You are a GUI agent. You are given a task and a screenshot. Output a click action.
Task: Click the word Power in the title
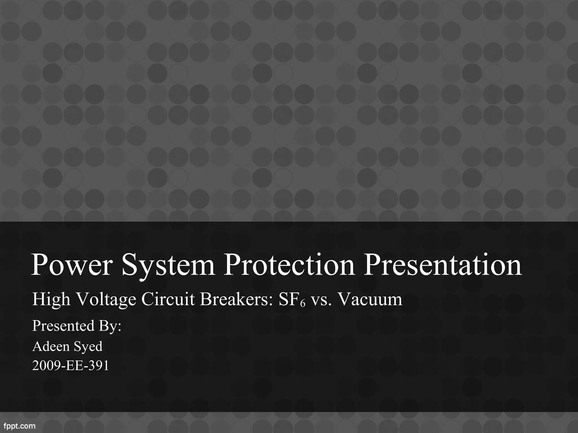click(72, 265)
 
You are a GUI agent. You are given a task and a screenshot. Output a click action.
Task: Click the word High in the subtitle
click(51, 299)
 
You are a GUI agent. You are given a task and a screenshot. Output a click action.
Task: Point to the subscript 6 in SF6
click(303, 304)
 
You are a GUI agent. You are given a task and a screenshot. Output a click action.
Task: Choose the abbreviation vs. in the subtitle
click(321, 299)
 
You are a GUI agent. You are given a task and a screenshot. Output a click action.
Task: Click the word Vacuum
click(370, 299)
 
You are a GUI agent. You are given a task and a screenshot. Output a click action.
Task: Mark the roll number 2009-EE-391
click(71, 366)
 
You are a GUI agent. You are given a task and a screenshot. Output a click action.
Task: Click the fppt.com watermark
click(19, 426)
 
